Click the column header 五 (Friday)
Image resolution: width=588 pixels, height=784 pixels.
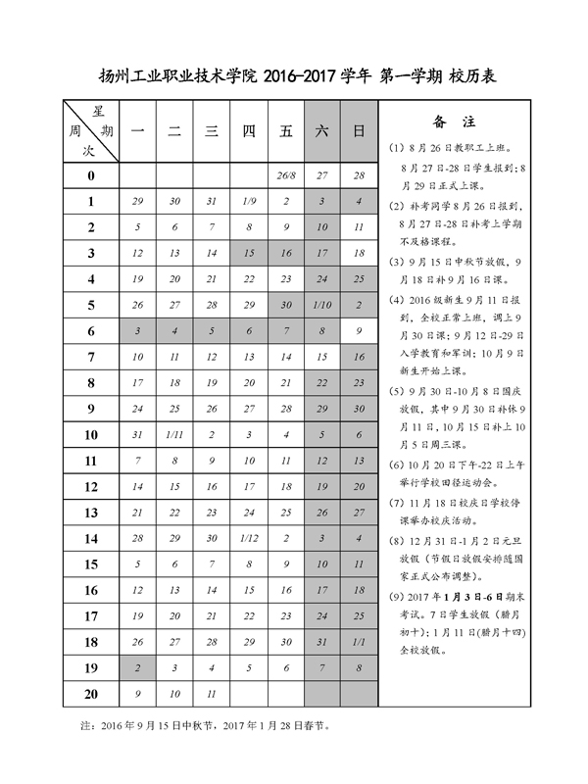click(285, 130)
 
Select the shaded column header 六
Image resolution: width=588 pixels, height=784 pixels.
click(322, 130)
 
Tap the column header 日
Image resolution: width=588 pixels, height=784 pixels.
click(359, 130)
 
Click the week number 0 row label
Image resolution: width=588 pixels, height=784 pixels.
click(90, 175)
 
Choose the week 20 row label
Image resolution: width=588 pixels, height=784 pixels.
click(90, 694)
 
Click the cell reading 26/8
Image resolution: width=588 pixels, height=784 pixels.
click(285, 175)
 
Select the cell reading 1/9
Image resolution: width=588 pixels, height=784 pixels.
click(249, 201)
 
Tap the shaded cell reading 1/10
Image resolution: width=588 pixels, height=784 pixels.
click(322, 305)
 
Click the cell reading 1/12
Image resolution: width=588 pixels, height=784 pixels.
click(249, 539)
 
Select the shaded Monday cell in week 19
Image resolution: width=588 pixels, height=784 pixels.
click(138, 668)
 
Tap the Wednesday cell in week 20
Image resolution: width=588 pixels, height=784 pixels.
click(212, 694)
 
